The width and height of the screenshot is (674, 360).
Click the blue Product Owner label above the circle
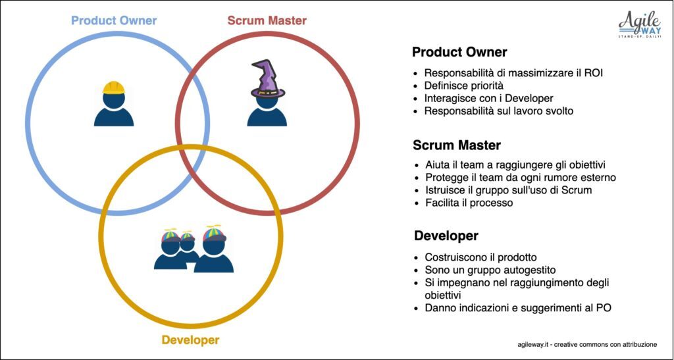coord(114,20)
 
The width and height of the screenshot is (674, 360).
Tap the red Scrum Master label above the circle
coord(267,20)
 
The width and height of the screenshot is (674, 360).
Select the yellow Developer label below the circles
coord(190,340)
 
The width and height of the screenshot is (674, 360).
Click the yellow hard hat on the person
coord(114,88)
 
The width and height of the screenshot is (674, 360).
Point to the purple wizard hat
coord(267,79)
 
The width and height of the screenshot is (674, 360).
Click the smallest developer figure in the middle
coord(188,247)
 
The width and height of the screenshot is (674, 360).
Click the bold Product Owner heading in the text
coord(459,53)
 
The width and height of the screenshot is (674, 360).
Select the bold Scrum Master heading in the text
coord(457,145)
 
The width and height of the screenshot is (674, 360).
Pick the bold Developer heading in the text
coord(446,236)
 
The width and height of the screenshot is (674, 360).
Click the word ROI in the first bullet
coord(594,73)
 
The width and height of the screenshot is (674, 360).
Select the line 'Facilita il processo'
coord(469,203)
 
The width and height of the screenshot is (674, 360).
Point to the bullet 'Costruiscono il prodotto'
coord(481,257)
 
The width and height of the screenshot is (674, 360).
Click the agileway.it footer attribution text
coord(587,345)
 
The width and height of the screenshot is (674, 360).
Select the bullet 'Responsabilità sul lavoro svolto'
coord(499,111)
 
